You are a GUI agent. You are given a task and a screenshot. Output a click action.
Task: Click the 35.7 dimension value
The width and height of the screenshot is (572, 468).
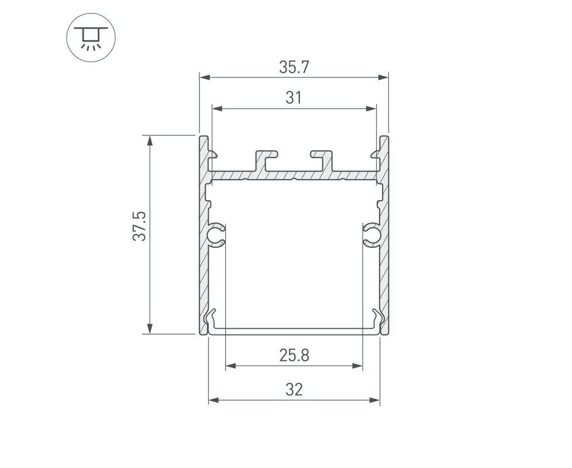coord(294,67)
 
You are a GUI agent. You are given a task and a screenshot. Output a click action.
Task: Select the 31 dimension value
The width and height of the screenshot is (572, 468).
coord(294,98)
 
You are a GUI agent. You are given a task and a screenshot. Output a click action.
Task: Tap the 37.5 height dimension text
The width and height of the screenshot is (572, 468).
coord(139,226)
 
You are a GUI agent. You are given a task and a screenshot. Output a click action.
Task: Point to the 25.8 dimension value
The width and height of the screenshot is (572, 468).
coord(294,355)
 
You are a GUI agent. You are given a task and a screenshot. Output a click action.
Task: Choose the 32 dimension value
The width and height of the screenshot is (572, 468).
coord(294,390)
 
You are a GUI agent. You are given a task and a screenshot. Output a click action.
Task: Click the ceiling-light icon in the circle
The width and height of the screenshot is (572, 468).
coord(91,37)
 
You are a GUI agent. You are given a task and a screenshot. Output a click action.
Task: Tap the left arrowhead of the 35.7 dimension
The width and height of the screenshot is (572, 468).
coord(205,77)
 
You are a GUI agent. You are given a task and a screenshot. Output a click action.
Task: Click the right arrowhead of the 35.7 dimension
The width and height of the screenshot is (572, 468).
coord(384,77)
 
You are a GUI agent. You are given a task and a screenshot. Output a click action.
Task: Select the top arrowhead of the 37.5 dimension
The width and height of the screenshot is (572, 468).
coord(150,141)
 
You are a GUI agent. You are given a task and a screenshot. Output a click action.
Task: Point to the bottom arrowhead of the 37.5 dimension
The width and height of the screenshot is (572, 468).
coord(150,328)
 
